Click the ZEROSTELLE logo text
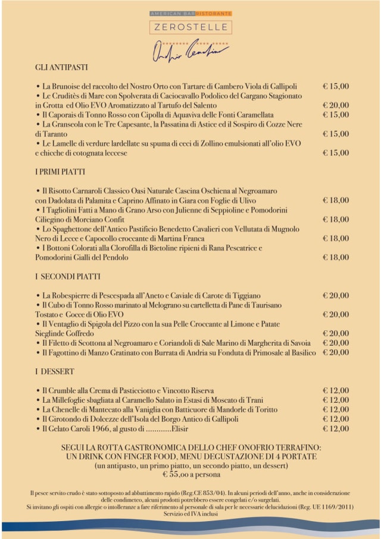click(x=190, y=27)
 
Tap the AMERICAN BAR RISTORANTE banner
click(x=190, y=13)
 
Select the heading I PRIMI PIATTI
click(x=60, y=172)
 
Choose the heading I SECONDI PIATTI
click(x=67, y=277)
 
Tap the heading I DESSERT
click(x=54, y=372)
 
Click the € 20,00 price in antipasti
click(x=336, y=105)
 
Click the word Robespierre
click(x=77, y=296)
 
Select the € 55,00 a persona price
click(x=190, y=475)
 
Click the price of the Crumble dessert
click(x=336, y=391)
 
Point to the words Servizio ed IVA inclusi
click(x=190, y=513)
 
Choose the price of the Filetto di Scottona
click(x=336, y=343)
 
